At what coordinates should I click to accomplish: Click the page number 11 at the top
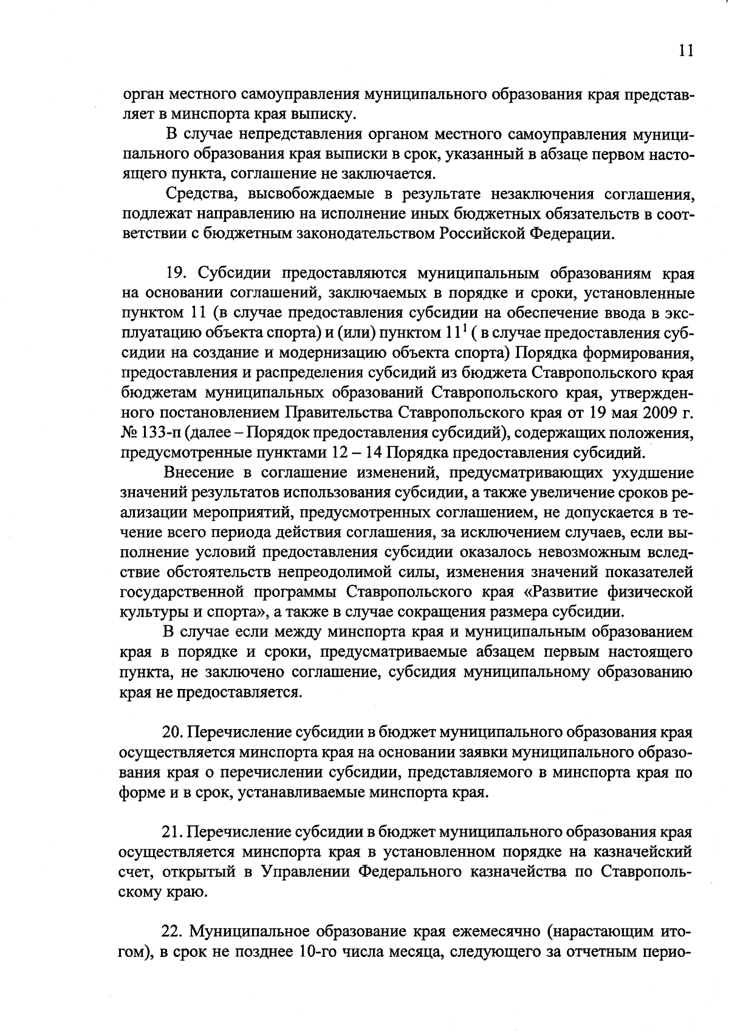pyautogui.click(x=684, y=51)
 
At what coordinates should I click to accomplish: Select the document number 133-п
pyautogui.click(x=162, y=433)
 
